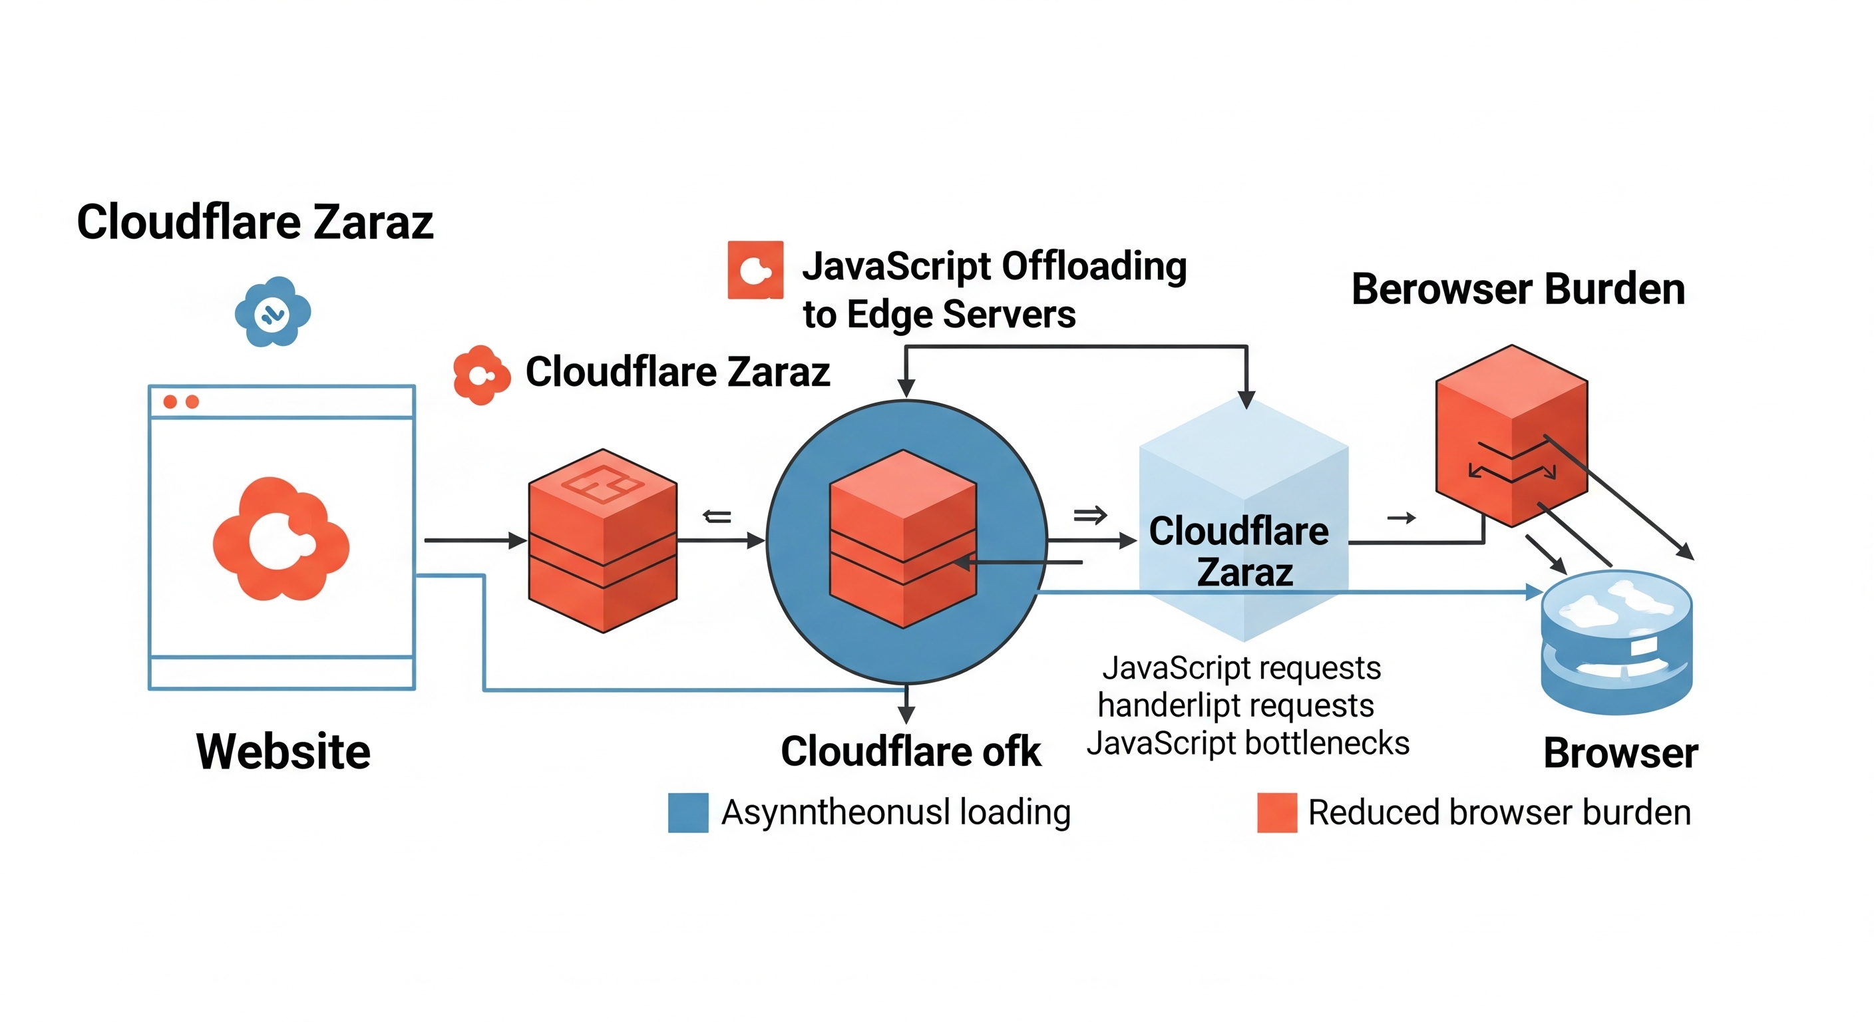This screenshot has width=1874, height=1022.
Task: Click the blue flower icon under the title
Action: click(x=273, y=312)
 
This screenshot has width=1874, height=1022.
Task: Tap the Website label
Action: click(x=283, y=751)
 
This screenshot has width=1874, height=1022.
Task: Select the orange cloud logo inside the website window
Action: click(x=281, y=540)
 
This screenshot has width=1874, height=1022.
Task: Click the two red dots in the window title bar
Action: click(x=180, y=401)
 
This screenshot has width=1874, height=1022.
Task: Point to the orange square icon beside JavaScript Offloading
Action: click(x=755, y=270)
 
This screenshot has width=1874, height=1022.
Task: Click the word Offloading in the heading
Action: click(x=1097, y=266)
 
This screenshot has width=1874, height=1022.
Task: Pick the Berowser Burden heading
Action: click(x=1517, y=289)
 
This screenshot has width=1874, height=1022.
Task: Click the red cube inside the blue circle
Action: click(x=903, y=538)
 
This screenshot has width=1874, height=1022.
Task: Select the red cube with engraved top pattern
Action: click(x=602, y=540)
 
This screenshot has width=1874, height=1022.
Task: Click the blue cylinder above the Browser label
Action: click(x=1616, y=641)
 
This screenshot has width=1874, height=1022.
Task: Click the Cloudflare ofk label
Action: click(x=910, y=751)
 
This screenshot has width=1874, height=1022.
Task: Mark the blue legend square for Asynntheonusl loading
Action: click(x=687, y=812)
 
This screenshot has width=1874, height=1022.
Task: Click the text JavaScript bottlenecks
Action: click(x=1248, y=743)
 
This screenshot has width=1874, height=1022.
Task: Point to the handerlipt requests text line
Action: click(x=1235, y=705)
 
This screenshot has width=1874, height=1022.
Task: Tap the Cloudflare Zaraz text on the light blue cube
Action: click(x=1240, y=551)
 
